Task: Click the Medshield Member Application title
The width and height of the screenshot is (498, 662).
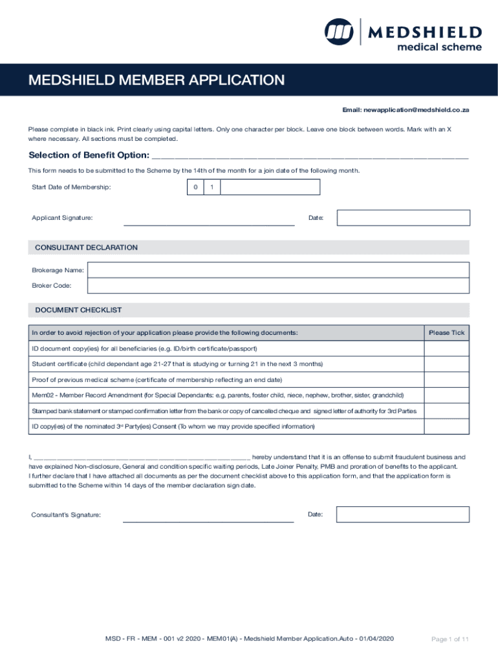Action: (156, 80)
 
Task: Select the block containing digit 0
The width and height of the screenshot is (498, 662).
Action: (194, 187)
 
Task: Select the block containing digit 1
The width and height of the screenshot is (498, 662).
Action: (211, 187)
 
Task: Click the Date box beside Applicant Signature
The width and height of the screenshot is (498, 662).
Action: (403, 218)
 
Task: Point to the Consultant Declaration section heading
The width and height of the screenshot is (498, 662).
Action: (86, 248)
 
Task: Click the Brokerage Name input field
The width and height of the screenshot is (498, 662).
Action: (278, 270)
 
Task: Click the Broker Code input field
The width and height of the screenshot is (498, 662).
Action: (278, 286)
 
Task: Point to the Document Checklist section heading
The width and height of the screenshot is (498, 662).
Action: (78, 310)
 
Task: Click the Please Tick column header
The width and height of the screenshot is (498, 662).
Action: (446, 333)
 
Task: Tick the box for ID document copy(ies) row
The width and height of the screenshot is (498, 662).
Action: (446, 348)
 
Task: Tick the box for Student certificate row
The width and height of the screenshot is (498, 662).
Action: (446, 364)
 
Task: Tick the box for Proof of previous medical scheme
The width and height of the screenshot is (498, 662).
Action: (446, 379)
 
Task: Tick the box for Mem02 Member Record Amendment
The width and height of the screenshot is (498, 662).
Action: (446, 395)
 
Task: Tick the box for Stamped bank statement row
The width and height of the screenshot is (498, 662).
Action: (446, 411)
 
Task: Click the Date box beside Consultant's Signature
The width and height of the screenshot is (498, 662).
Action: (403, 515)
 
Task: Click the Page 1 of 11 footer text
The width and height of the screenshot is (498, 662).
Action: (449, 639)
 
